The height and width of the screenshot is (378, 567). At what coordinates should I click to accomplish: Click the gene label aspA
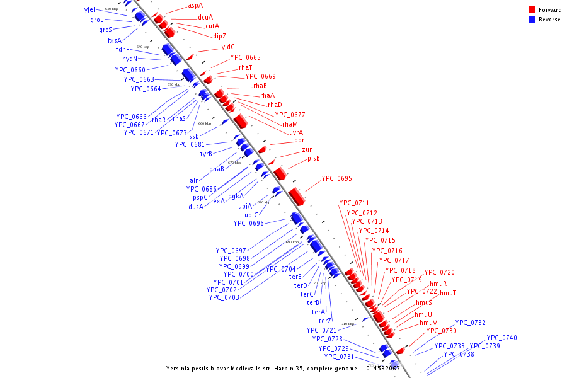point(195,5)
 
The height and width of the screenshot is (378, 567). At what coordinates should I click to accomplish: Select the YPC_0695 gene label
point(336,179)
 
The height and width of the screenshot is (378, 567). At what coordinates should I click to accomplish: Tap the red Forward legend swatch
point(532,10)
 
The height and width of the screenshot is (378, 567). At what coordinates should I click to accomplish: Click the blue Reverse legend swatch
point(532,20)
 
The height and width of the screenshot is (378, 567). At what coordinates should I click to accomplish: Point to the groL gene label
point(96,20)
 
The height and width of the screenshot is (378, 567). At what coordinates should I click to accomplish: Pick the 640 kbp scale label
point(143,47)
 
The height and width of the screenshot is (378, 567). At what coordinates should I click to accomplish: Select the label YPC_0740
point(501,338)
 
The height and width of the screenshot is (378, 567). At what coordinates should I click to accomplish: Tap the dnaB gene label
point(217,169)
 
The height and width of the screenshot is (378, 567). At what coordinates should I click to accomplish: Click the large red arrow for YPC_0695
point(297,196)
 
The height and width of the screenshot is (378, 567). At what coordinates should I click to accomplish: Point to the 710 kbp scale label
point(347,324)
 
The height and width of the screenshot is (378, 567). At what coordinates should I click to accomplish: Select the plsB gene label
point(314,159)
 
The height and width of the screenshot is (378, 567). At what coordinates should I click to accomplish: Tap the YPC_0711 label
point(354,203)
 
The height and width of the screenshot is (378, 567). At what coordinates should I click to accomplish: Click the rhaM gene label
point(290,124)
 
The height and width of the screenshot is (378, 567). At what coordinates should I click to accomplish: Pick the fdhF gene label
point(122,49)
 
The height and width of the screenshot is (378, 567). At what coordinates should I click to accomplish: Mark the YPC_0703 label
point(224,297)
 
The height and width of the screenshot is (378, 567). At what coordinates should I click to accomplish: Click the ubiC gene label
point(251,215)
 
